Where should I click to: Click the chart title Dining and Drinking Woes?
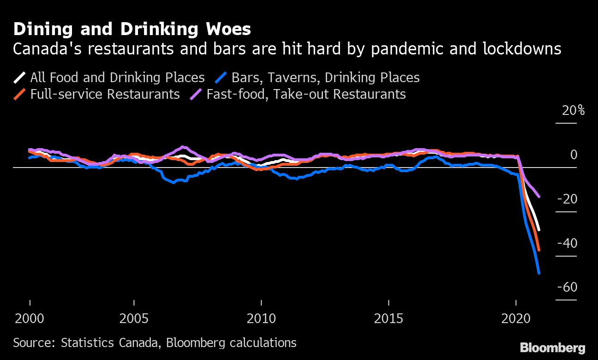click(132, 30)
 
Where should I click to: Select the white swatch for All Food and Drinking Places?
click(19, 77)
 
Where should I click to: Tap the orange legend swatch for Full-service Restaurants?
click(19, 94)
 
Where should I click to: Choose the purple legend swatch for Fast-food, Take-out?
click(196, 94)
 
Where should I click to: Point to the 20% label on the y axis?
click(573, 111)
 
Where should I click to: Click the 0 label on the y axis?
click(574, 155)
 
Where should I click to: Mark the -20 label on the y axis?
click(567, 199)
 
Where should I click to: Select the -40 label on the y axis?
click(567, 243)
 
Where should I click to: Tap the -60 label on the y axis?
click(567, 287)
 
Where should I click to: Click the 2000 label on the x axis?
click(30, 318)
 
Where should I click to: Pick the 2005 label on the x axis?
click(134, 318)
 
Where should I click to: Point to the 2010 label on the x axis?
click(261, 318)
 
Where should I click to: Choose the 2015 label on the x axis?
click(389, 318)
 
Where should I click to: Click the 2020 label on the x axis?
click(516, 318)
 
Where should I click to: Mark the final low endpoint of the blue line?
click(538, 273)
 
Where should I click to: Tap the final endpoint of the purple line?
click(538, 197)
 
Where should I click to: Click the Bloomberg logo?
click(552, 348)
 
